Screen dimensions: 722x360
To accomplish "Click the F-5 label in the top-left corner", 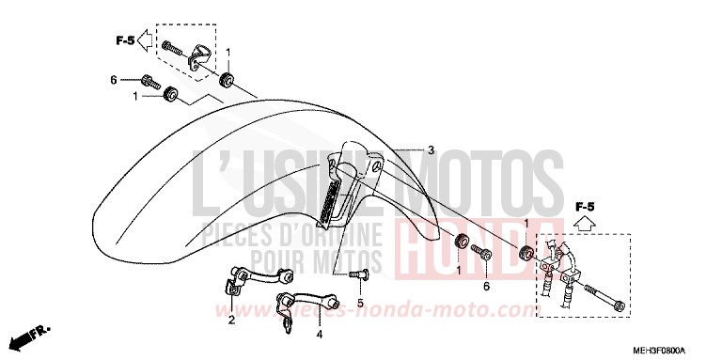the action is [x=125, y=40].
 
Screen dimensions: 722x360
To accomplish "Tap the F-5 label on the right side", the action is [x=585, y=205].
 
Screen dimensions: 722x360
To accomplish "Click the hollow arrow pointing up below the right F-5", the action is [x=585, y=224].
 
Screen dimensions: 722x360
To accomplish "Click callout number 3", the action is [x=430, y=150].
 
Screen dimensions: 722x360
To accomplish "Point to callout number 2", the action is [x=231, y=321].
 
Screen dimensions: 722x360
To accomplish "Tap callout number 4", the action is [x=319, y=333].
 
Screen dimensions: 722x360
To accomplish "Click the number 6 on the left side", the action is [x=114, y=80].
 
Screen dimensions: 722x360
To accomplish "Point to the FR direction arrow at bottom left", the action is [x=32, y=333].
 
